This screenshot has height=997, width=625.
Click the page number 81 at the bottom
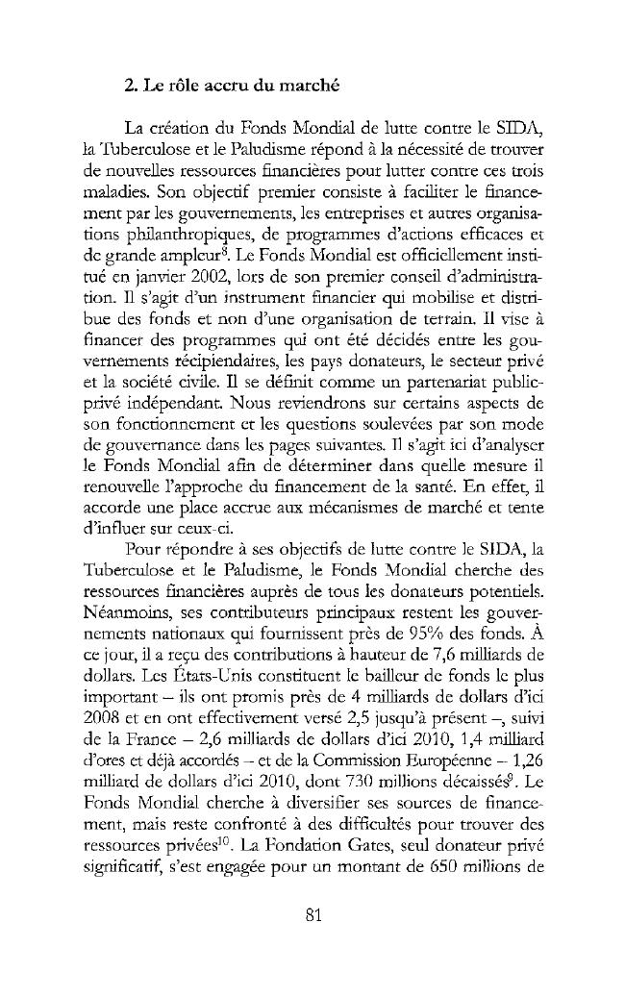[x=312, y=914]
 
